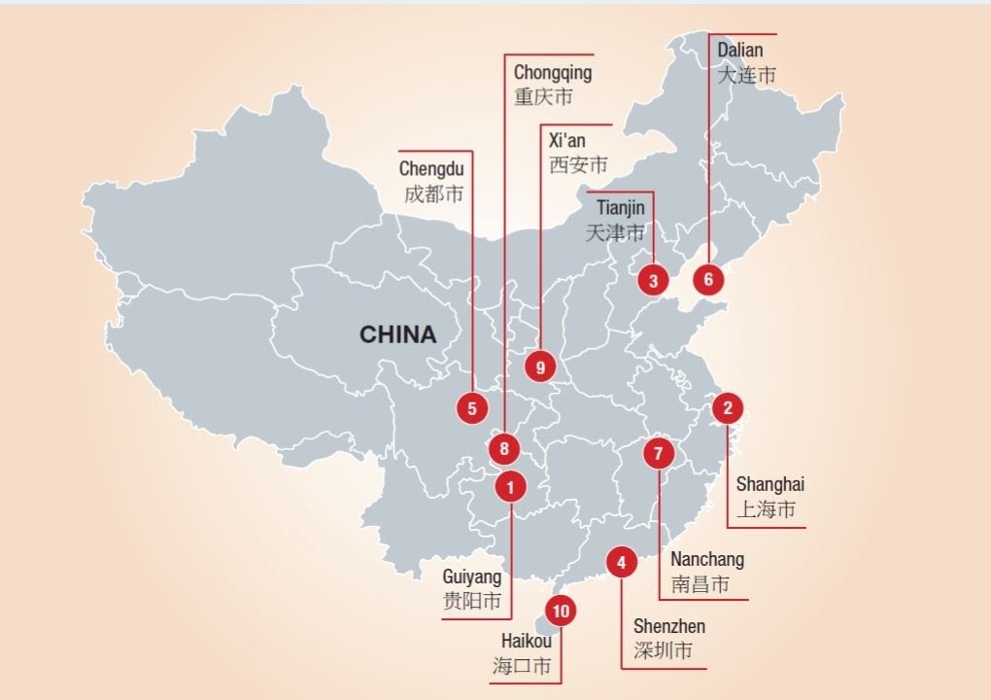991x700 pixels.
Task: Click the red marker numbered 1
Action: [511, 485]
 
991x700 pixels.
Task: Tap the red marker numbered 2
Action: [728, 407]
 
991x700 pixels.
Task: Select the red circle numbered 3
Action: [653, 281]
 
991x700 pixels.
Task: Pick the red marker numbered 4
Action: [621, 561]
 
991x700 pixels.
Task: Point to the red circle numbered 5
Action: [472, 408]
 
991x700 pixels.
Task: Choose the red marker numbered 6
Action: [708, 280]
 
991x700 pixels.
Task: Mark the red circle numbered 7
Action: [658, 453]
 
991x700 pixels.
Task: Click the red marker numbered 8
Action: [504, 449]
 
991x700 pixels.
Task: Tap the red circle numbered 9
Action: [540, 367]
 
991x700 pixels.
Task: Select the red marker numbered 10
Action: [560, 611]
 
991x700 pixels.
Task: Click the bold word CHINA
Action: [398, 334]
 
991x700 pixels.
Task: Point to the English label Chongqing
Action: [552, 73]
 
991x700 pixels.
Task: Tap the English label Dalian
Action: [740, 50]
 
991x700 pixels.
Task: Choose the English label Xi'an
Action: [567, 141]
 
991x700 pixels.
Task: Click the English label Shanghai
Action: [769, 484]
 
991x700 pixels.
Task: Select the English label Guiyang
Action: [472, 577]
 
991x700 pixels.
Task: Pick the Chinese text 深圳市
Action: [663, 650]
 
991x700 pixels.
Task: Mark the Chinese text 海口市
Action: [522, 666]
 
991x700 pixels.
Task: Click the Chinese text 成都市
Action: [434, 193]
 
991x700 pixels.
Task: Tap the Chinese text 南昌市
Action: [701, 584]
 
